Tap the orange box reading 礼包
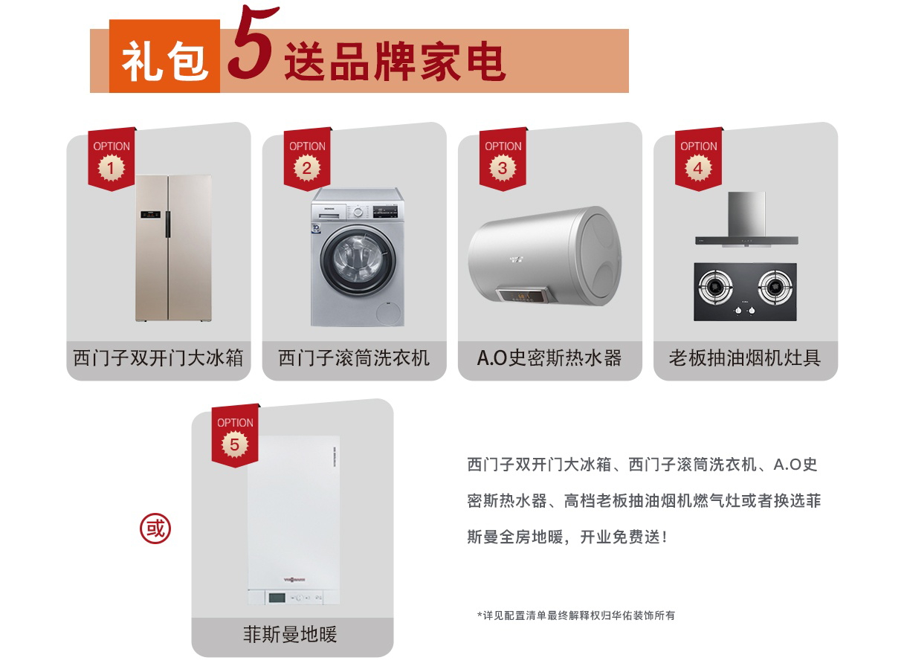point(164,56)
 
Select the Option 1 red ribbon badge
point(112,159)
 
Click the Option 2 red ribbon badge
point(307,159)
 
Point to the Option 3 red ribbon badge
point(503,159)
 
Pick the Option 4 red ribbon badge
point(699,159)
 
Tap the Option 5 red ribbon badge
point(235,436)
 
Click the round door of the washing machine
point(358,259)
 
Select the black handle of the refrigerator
point(167,224)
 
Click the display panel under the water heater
point(523,295)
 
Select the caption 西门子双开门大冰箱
point(158,358)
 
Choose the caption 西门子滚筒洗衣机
point(354,358)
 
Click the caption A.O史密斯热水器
point(549,358)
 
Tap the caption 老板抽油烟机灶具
point(745,358)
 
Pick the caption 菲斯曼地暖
point(290,634)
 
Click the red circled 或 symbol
point(155,529)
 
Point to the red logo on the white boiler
point(294,580)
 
